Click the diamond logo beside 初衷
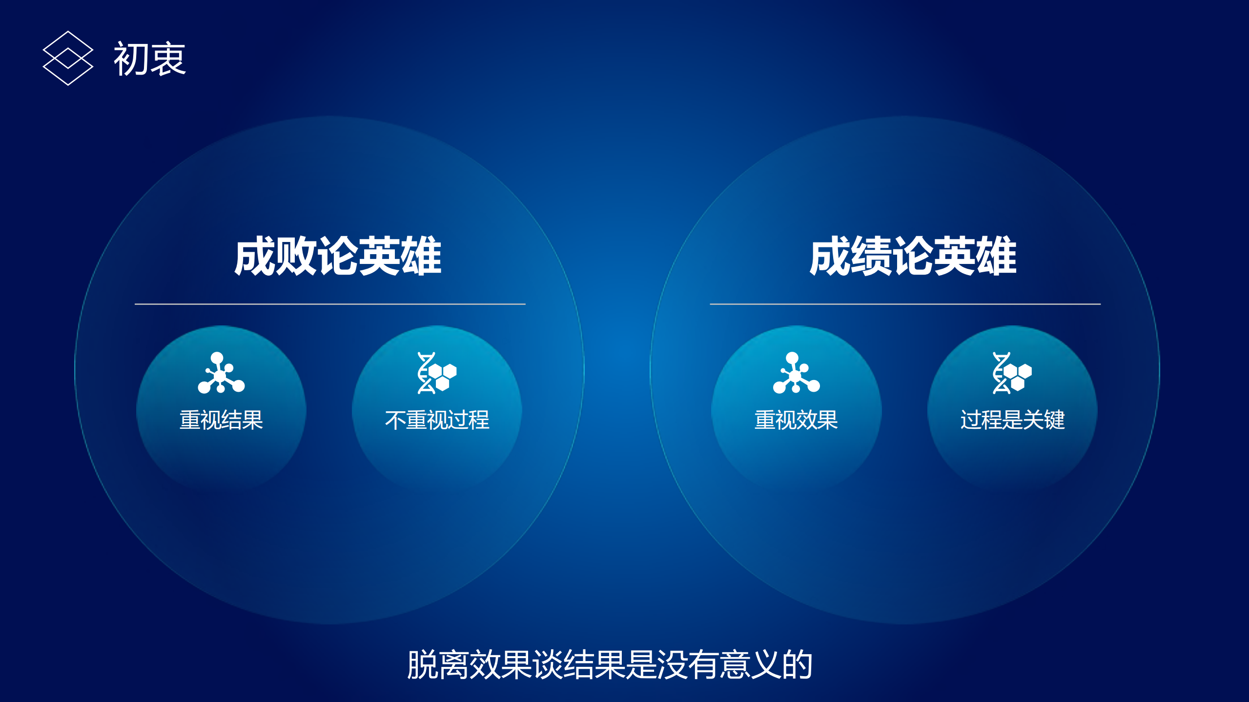point(68,58)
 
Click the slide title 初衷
point(149,59)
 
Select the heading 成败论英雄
point(338,256)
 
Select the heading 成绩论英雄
point(913,256)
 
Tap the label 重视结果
point(221,420)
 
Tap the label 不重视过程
point(437,420)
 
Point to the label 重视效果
point(796,420)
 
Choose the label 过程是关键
point(1012,420)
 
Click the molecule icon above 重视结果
point(221,373)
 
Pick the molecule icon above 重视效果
point(796,373)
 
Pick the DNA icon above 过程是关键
point(1012,373)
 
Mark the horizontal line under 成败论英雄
point(330,304)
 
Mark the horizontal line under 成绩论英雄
point(905,304)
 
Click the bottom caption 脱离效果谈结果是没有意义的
point(610,664)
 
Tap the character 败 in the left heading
point(296,256)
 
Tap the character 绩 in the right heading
point(871,256)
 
